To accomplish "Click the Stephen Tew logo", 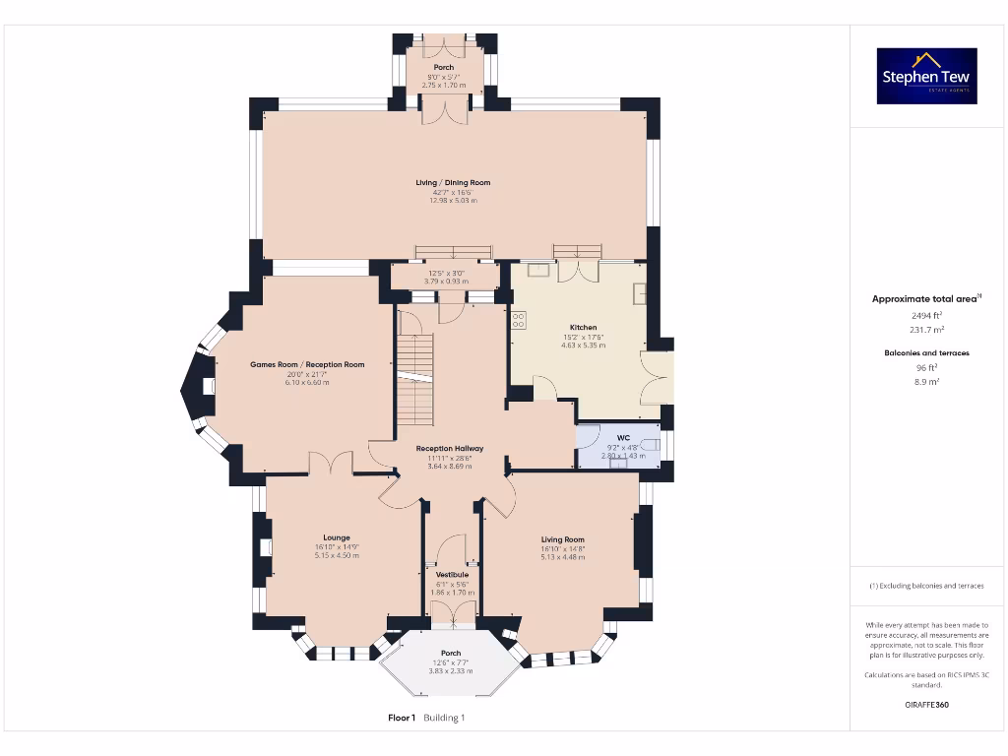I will click(x=926, y=76).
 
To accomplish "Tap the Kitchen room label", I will click(x=583, y=328).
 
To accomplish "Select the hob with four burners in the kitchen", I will click(x=518, y=319).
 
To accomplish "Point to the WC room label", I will click(x=622, y=438).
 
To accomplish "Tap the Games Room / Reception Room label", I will click(x=307, y=364).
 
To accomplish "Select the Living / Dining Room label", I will click(x=453, y=182).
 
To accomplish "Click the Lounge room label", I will click(x=337, y=537).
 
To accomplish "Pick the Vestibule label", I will click(x=452, y=574).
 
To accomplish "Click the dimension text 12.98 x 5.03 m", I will click(x=453, y=200).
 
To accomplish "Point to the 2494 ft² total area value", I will click(x=926, y=315).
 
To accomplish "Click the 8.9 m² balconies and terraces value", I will click(x=926, y=381).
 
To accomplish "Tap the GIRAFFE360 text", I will click(x=926, y=705).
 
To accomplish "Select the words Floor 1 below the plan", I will click(x=402, y=718).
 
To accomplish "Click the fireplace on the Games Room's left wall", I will click(x=208, y=388).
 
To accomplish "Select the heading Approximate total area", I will click(x=924, y=298).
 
